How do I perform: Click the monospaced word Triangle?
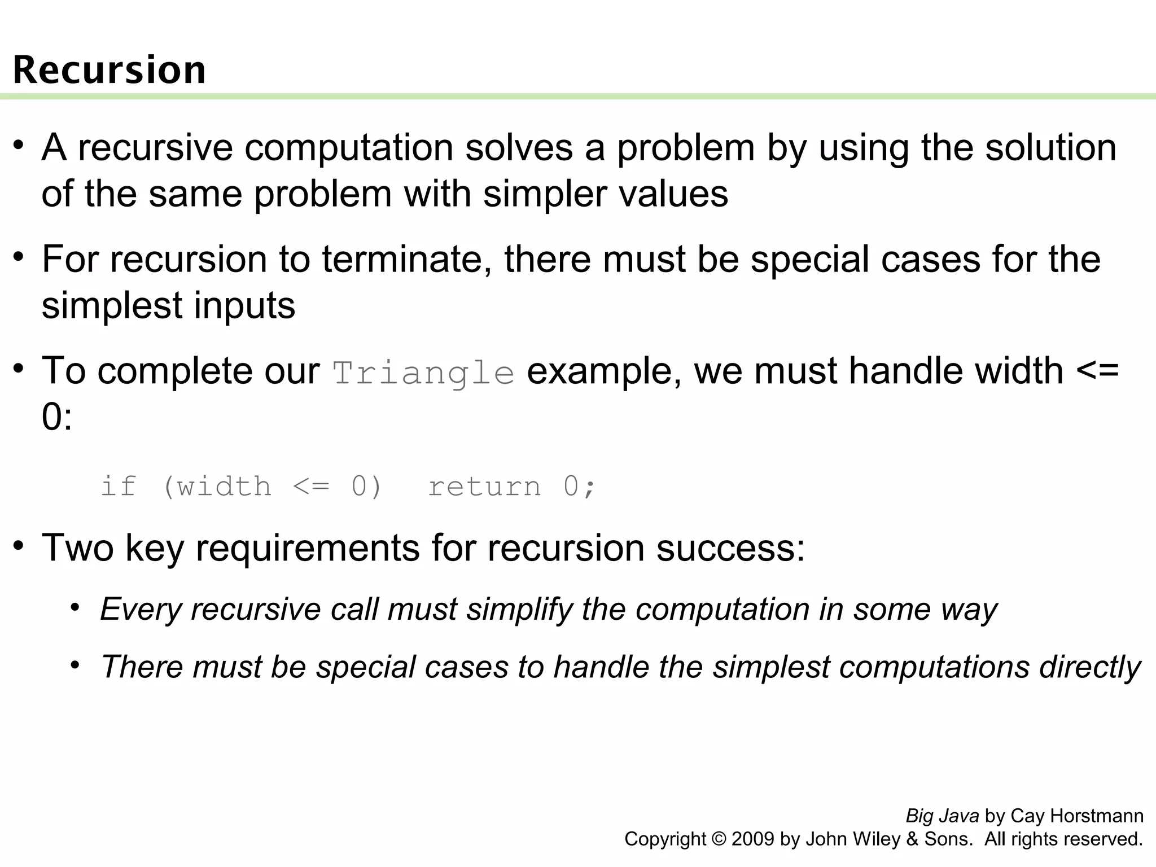423,373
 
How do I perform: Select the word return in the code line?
484,487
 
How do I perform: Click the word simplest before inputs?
112,306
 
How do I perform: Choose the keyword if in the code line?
118,487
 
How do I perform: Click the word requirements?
308,548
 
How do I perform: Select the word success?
730,548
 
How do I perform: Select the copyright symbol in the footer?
719,839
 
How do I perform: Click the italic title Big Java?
942,816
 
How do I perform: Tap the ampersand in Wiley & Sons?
912,839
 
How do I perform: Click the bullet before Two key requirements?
19,546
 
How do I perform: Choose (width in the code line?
217,487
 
